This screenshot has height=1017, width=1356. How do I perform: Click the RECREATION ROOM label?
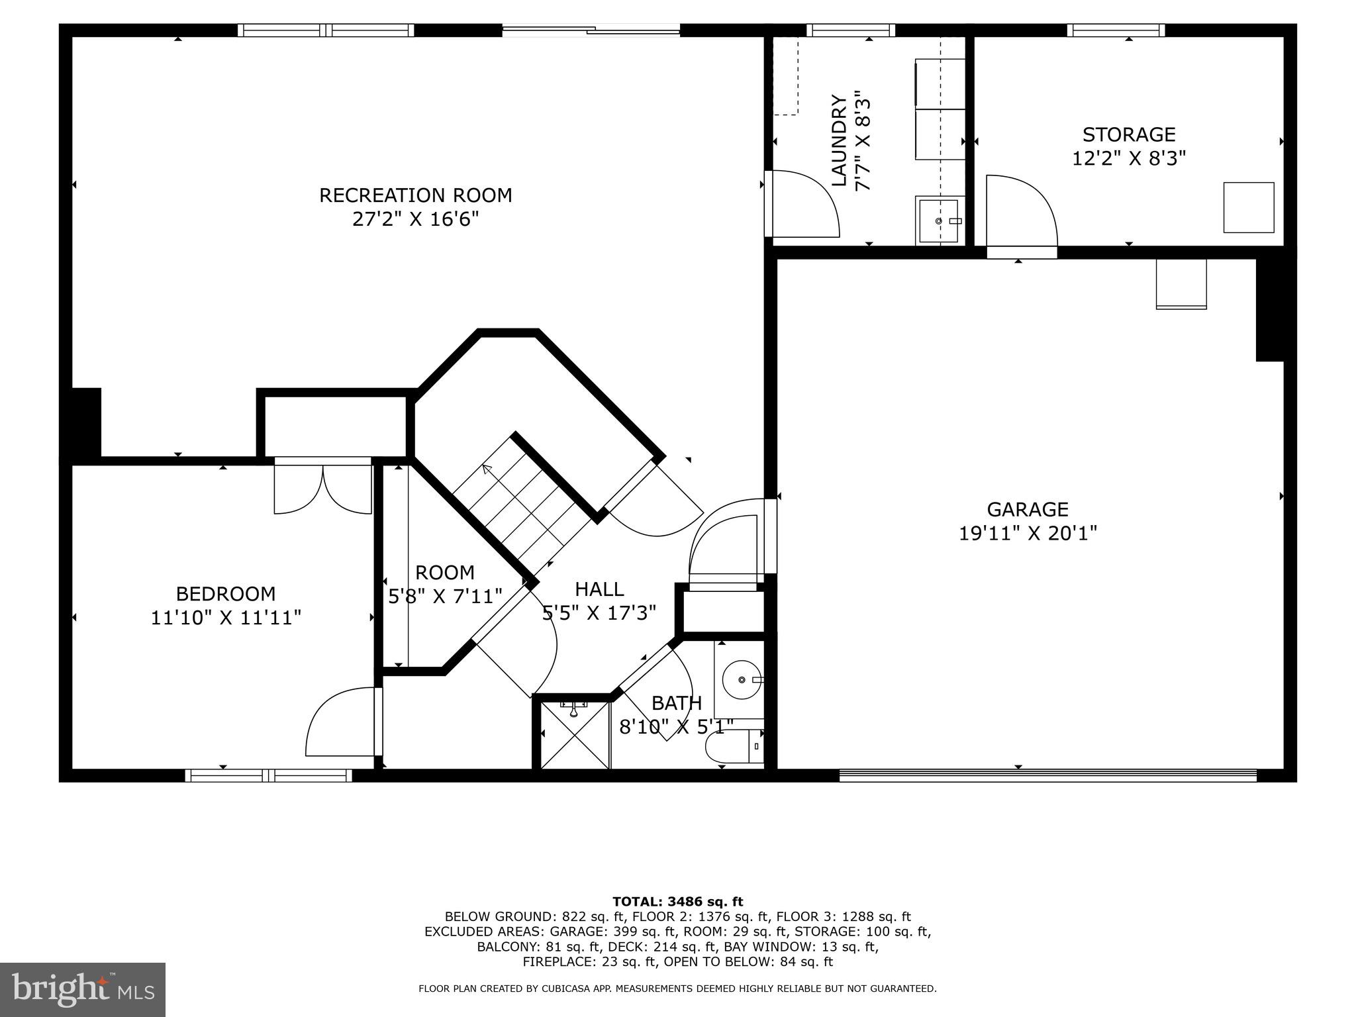415,195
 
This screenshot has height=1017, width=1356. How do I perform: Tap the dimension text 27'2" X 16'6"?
415,219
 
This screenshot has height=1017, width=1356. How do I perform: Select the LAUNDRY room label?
839,140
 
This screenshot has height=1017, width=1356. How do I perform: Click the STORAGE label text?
1129,134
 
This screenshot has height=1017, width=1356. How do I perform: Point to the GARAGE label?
1027,509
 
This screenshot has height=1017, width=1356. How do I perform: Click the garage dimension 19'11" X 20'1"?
1028,533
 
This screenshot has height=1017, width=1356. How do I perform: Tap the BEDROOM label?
225,593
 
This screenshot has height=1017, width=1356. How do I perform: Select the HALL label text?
599,589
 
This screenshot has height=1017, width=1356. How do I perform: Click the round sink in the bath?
742,680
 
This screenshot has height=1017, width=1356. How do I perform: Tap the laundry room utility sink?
938,221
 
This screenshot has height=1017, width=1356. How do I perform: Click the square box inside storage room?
1248,207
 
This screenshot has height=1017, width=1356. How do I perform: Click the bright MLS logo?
82,989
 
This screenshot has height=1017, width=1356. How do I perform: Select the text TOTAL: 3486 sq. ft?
677,901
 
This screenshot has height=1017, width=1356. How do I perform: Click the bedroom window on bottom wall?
268,775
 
